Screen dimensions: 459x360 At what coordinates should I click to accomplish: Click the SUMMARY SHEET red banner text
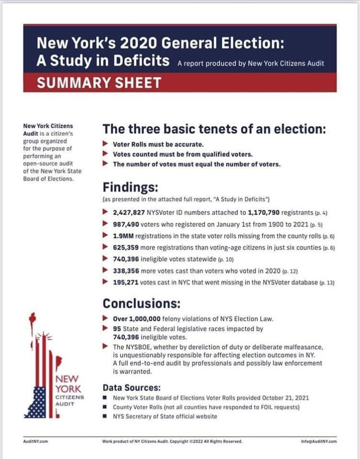coord(99,83)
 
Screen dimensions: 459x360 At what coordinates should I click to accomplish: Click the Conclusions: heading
coord(142,303)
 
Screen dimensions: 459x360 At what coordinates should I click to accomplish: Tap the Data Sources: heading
coord(132,387)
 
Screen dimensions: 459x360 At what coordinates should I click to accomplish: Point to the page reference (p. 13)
coord(327,283)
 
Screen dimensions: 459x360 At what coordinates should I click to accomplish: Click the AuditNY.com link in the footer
coord(35,441)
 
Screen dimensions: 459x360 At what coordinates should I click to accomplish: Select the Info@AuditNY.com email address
coord(317,441)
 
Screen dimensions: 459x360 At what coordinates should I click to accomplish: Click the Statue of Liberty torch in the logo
coord(33,318)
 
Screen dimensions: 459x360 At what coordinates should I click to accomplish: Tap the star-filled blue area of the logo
coord(36,403)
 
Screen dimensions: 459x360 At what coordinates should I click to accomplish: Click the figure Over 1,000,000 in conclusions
coord(138,319)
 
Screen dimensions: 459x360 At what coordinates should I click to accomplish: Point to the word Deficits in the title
coord(142,61)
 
